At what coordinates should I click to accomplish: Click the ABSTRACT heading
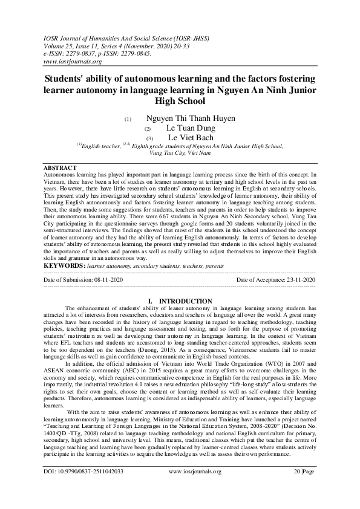click(x=61, y=167)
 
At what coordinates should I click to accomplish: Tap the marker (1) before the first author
click(x=127, y=120)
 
